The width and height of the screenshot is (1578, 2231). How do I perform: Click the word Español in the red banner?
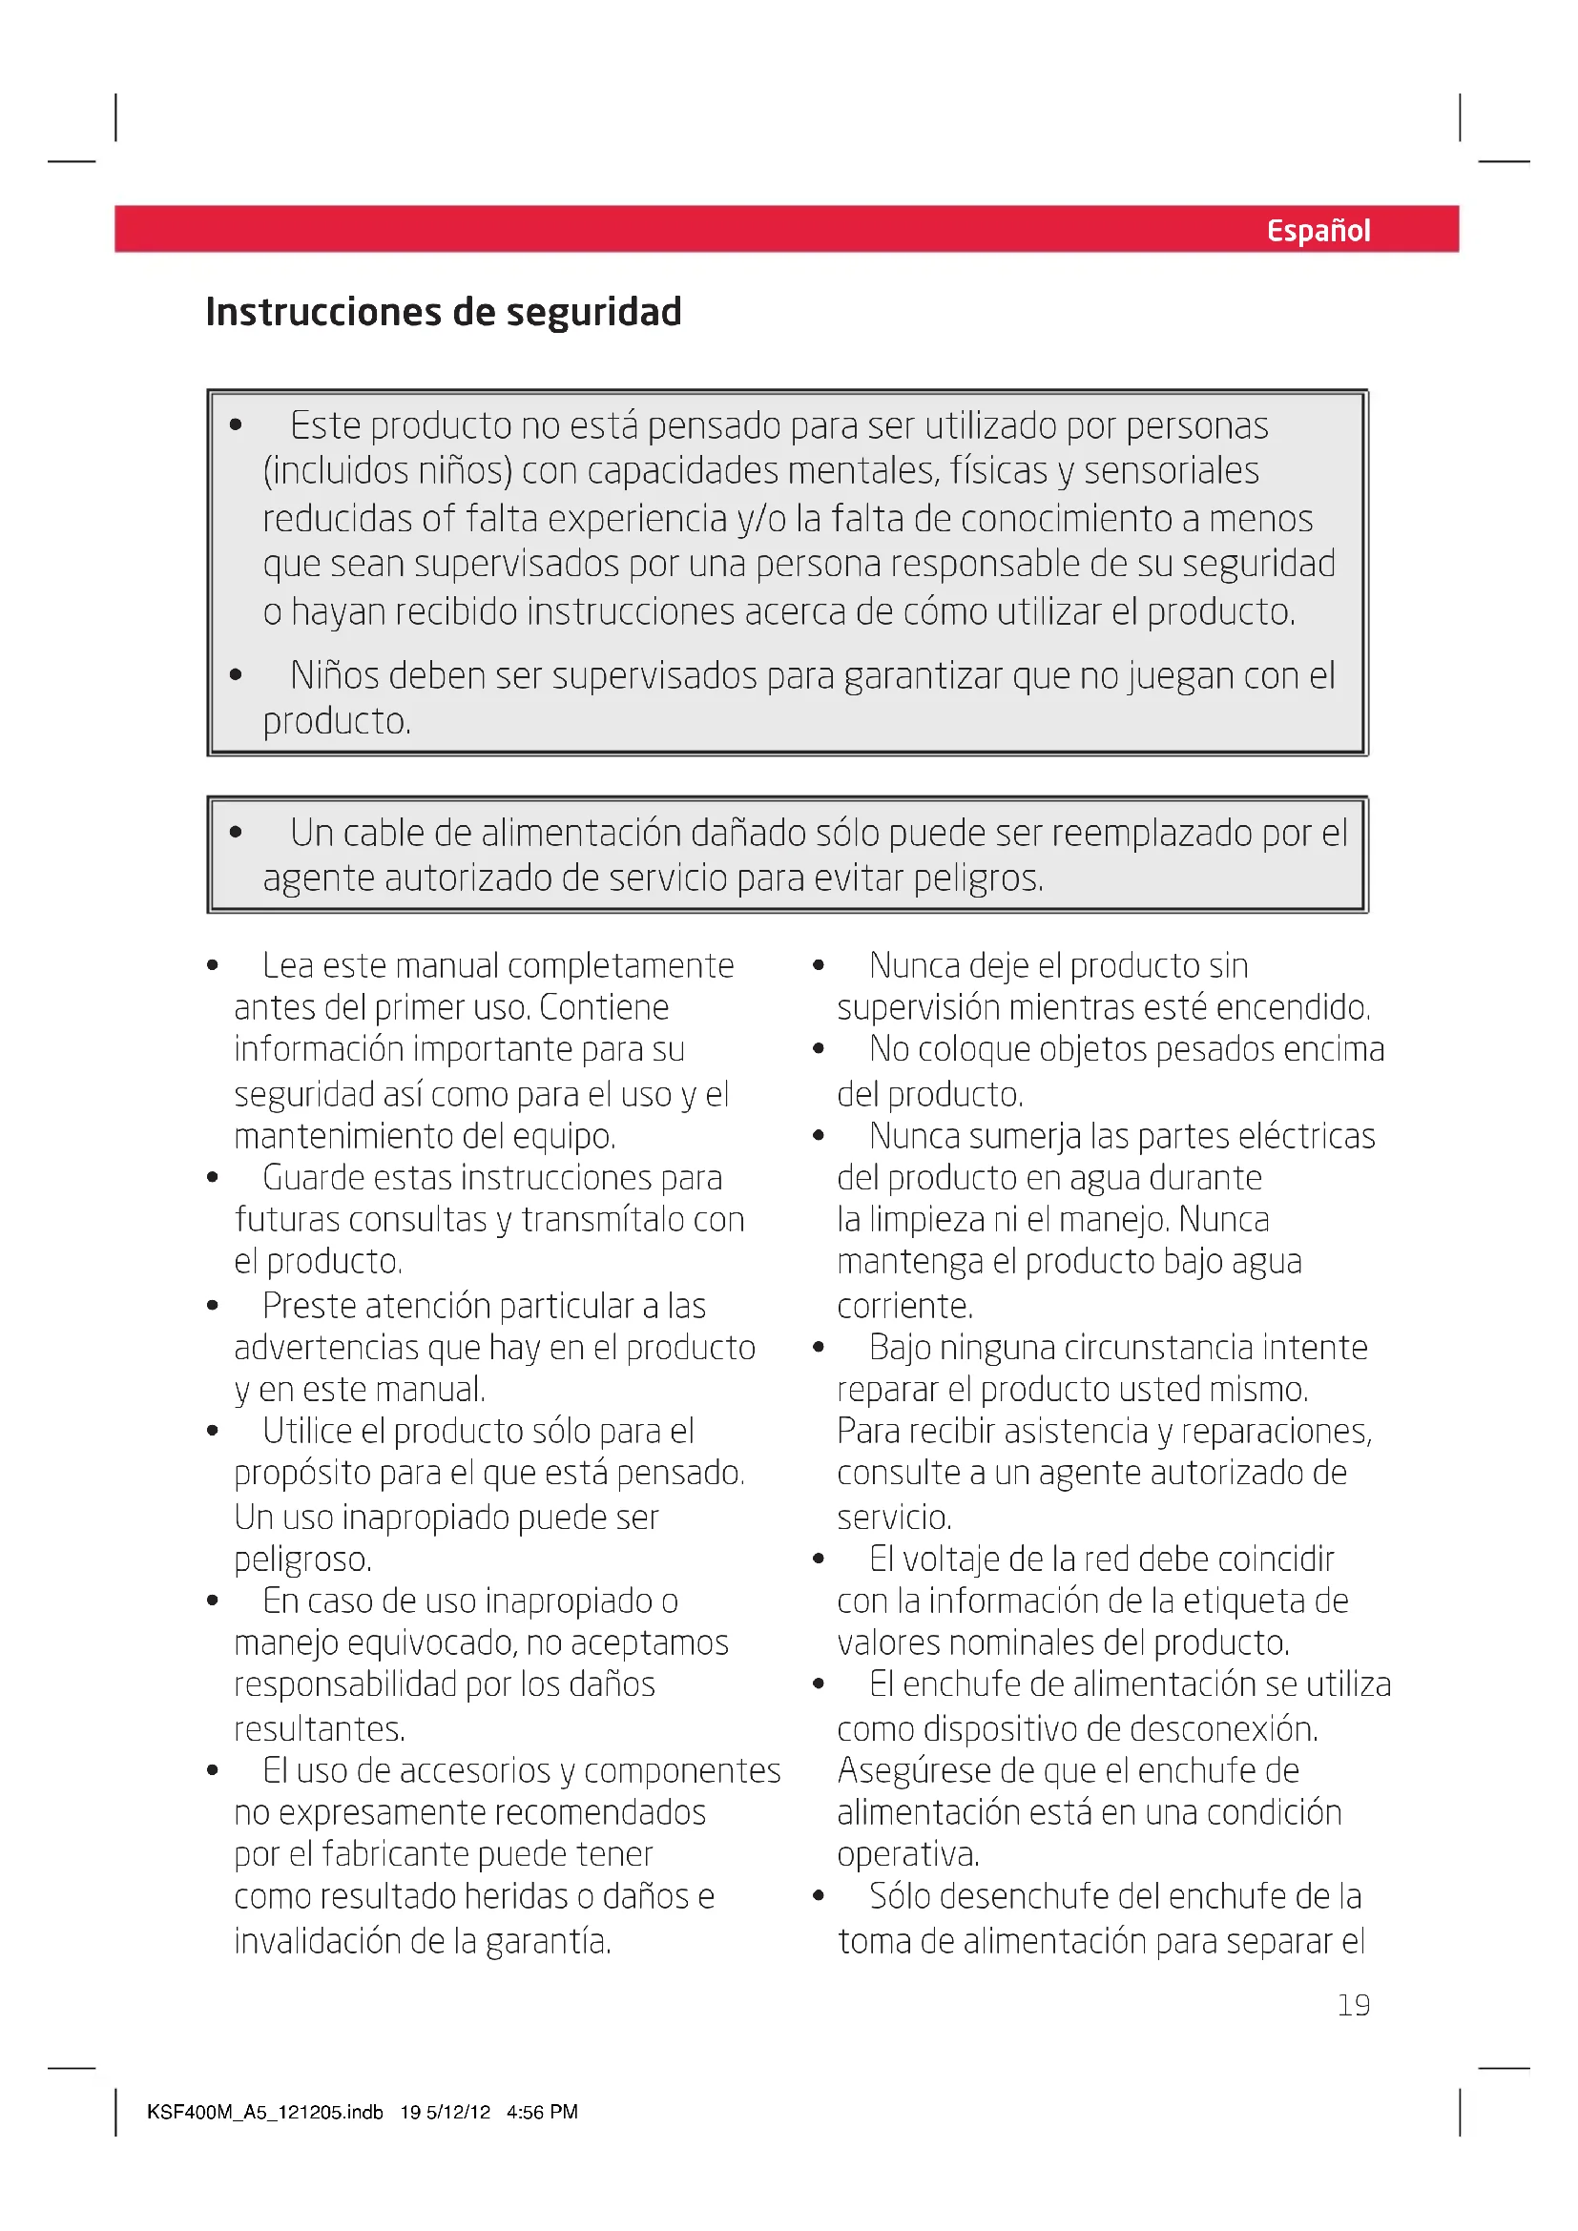(x=1318, y=230)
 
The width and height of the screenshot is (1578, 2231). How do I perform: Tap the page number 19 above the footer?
(x=1354, y=2005)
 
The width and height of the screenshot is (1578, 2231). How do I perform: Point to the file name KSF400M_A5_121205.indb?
(x=264, y=2112)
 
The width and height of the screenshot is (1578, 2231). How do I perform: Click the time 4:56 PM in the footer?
(x=541, y=2112)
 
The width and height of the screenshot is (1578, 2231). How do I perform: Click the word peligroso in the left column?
(x=302, y=1560)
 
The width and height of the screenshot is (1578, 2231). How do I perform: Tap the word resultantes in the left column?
(x=319, y=1729)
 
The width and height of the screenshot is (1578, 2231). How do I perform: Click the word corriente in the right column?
(x=903, y=1306)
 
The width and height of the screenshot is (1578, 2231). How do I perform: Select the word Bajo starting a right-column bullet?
(x=900, y=1348)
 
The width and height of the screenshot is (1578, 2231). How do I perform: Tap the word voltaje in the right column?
(x=950, y=1560)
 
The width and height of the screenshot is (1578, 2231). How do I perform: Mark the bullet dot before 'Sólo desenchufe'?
(x=819, y=1896)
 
